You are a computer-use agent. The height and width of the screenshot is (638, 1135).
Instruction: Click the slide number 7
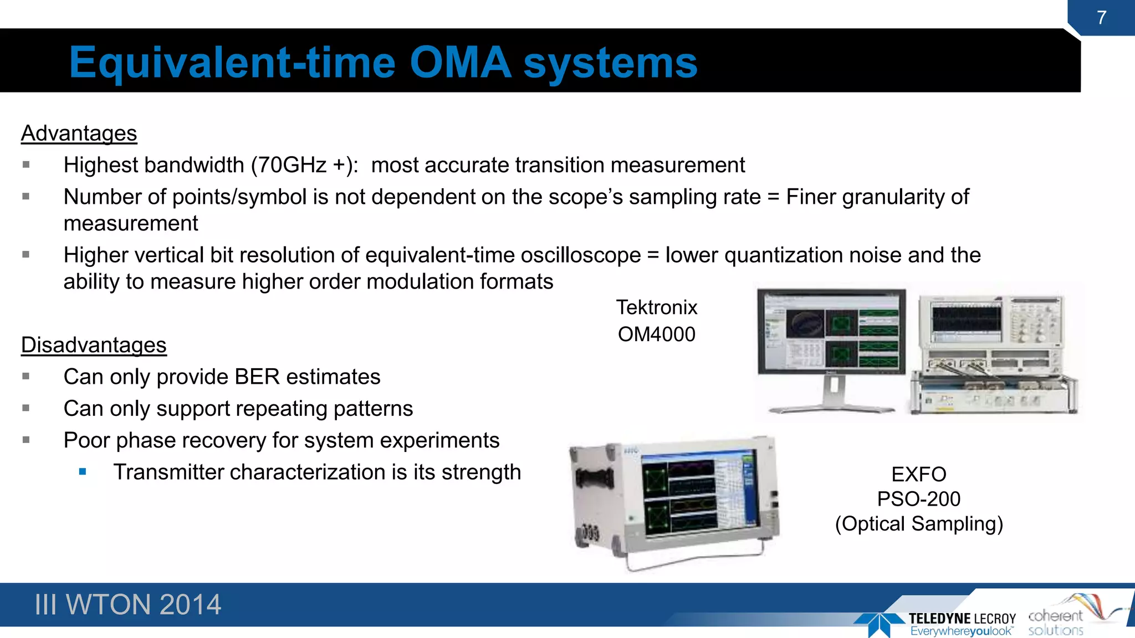coord(1101,18)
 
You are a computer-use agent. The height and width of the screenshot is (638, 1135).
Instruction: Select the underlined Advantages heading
coord(79,133)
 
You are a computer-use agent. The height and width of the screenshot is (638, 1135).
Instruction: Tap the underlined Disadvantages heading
coord(94,345)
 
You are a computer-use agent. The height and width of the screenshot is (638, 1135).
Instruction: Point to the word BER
coord(257,377)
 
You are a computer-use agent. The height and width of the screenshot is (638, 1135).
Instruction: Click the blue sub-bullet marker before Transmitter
coord(83,472)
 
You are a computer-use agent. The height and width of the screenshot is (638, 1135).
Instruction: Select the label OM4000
coord(656,335)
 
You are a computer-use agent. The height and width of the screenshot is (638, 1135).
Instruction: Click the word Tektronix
coord(657,307)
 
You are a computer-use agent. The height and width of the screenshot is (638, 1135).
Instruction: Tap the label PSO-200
coord(918,499)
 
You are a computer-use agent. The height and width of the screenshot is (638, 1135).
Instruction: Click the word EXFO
coord(918,474)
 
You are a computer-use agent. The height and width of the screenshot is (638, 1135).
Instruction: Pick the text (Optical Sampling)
coord(919,524)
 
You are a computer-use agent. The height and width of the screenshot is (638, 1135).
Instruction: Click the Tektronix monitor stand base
coord(831,409)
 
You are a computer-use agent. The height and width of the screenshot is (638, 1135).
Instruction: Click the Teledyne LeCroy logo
coord(937,623)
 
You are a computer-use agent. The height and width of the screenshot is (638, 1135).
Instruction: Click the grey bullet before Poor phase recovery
coord(26,440)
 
